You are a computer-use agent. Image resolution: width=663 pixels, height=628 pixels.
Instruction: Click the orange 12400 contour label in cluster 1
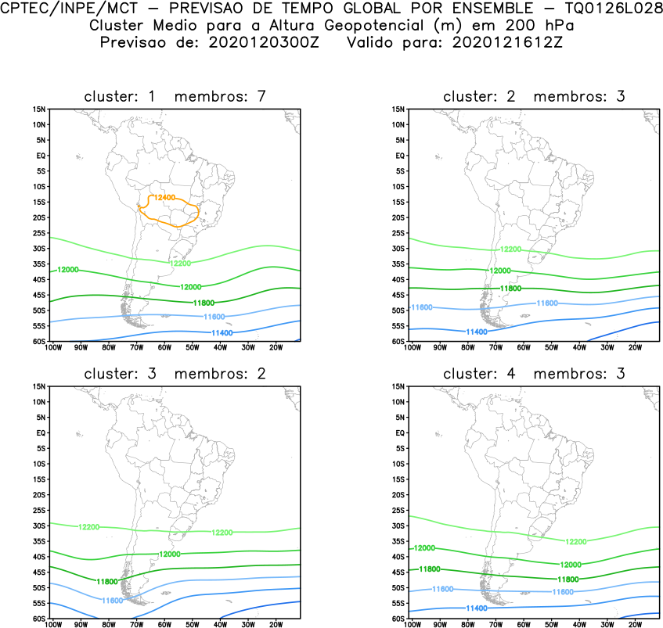click(165, 198)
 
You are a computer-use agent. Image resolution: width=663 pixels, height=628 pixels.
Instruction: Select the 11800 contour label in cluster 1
click(203, 302)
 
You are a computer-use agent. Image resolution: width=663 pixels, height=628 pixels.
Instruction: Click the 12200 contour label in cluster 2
click(510, 249)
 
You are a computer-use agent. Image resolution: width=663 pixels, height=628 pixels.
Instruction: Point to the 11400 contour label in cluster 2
click(477, 332)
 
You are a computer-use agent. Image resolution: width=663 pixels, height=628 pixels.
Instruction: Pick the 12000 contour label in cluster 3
click(170, 554)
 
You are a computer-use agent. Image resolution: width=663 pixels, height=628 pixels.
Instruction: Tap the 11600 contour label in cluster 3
click(113, 600)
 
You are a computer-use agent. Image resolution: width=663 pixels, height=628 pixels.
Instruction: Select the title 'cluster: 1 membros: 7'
click(175, 96)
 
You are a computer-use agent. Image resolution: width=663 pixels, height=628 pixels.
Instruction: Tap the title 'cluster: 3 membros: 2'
click(175, 373)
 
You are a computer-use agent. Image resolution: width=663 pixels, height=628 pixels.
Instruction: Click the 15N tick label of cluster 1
click(40, 109)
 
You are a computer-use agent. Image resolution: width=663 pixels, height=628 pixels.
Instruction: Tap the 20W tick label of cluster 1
click(276, 347)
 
